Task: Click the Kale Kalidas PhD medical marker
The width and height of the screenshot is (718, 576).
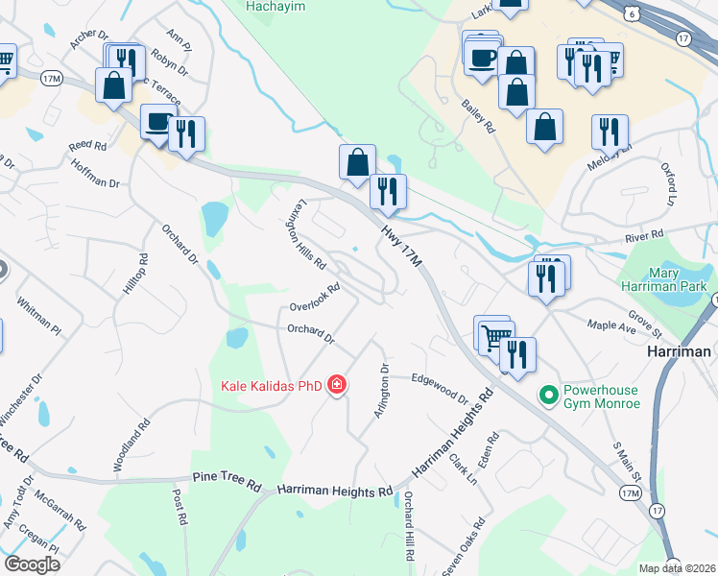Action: pos(336,386)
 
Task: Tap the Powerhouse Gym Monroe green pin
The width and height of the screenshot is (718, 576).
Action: pos(550,395)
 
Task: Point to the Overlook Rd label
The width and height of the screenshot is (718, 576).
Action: pos(316,298)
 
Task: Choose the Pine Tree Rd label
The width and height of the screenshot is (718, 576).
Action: pos(227,482)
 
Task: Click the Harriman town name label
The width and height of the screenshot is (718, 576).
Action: pos(685,352)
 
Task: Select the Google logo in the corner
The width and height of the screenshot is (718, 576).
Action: pos(32,564)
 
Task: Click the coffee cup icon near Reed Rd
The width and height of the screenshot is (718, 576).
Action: pos(158,122)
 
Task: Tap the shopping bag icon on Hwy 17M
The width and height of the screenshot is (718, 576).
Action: pos(357,162)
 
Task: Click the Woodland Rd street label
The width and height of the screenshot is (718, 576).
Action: pos(132,444)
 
